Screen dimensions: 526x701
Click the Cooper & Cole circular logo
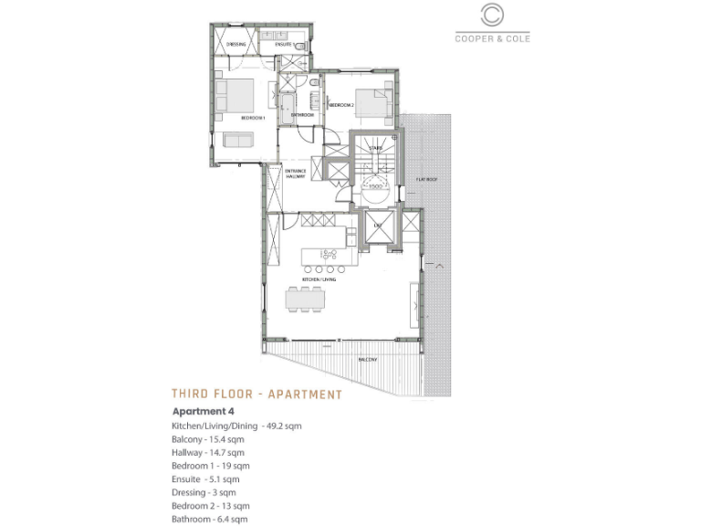pyautogui.click(x=492, y=16)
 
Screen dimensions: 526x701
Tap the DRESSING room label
pyautogui.click(x=237, y=43)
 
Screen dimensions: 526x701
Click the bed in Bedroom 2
pyautogui.click(x=376, y=104)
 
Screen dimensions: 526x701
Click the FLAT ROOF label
pyautogui.click(x=425, y=180)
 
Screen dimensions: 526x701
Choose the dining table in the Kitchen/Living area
pyautogui.click(x=304, y=299)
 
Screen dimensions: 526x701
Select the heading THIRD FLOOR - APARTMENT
pyautogui.click(x=256, y=394)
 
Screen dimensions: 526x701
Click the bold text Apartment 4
pyautogui.click(x=204, y=412)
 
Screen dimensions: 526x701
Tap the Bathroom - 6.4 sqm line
pyautogui.click(x=209, y=519)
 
